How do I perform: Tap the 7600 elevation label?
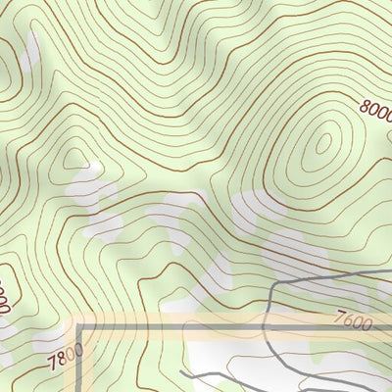pos(353,319)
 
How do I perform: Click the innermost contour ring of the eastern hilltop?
pos(322,145)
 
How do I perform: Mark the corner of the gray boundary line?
pos(79,326)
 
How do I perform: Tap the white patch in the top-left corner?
pos(29,44)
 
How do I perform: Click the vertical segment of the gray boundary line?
pos(79,363)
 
